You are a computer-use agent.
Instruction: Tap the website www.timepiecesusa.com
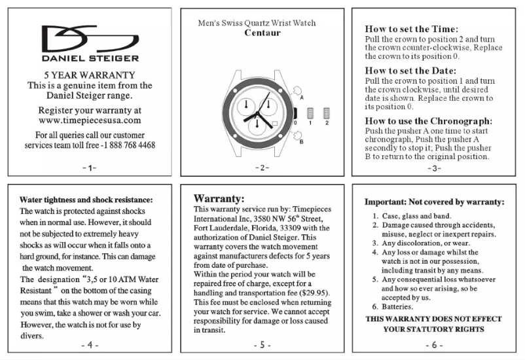pos(90,120)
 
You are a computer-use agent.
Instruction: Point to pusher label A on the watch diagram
pos(302,97)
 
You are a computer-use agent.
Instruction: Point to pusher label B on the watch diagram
pos(301,141)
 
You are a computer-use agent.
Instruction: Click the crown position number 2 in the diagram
pos(325,123)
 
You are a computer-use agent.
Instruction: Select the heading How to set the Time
pos(411,29)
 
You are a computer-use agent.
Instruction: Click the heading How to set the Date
pos(410,71)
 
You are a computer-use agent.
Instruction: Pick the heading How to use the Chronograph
pos(429,121)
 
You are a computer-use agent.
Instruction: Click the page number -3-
pos(435,168)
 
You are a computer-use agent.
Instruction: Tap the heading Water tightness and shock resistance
pos(86,200)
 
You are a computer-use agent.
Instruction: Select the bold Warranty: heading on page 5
pos(219,198)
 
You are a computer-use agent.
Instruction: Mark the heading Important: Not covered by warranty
pos(435,202)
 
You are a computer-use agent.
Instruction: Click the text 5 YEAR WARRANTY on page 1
pos(90,75)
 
